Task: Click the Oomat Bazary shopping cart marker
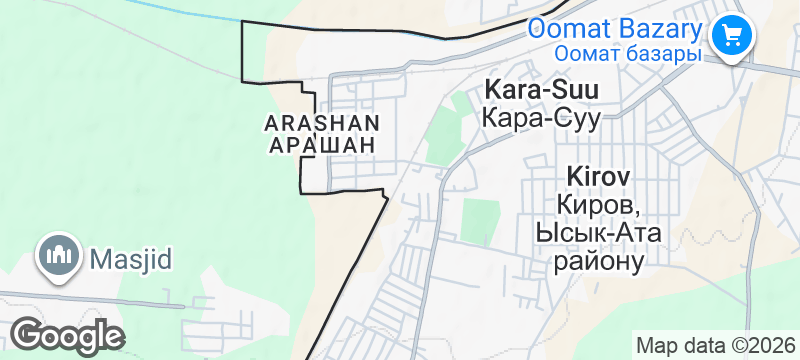tap(732, 36)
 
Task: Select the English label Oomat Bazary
tap(613, 27)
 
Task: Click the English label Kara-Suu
tap(541, 90)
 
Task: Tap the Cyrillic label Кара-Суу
tap(541, 118)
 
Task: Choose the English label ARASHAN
tap(322, 123)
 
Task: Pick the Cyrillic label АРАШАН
tap(322, 145)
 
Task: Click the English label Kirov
tap(598, 176)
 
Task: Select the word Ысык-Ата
tap(597, 232)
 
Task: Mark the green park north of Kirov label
tap(480, 220)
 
